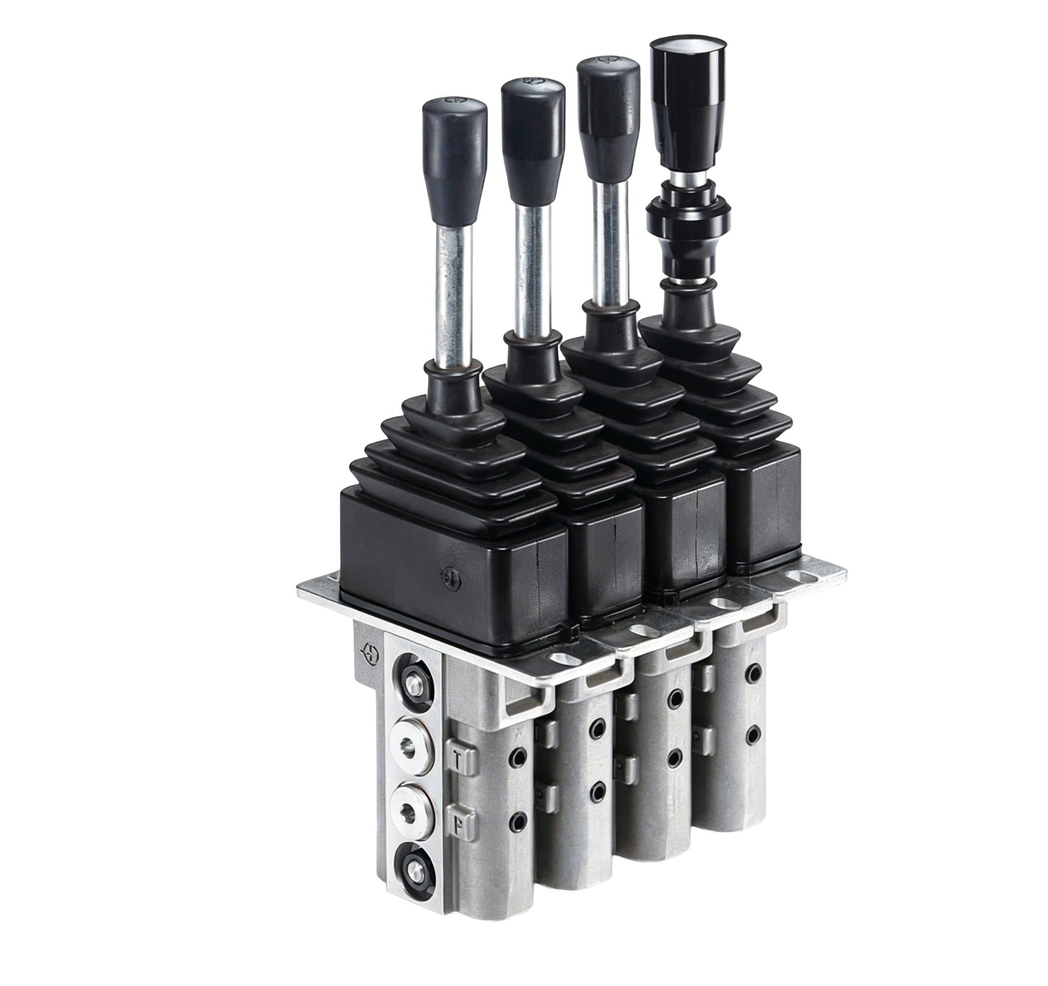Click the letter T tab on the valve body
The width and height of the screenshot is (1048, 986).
(461, 759)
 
